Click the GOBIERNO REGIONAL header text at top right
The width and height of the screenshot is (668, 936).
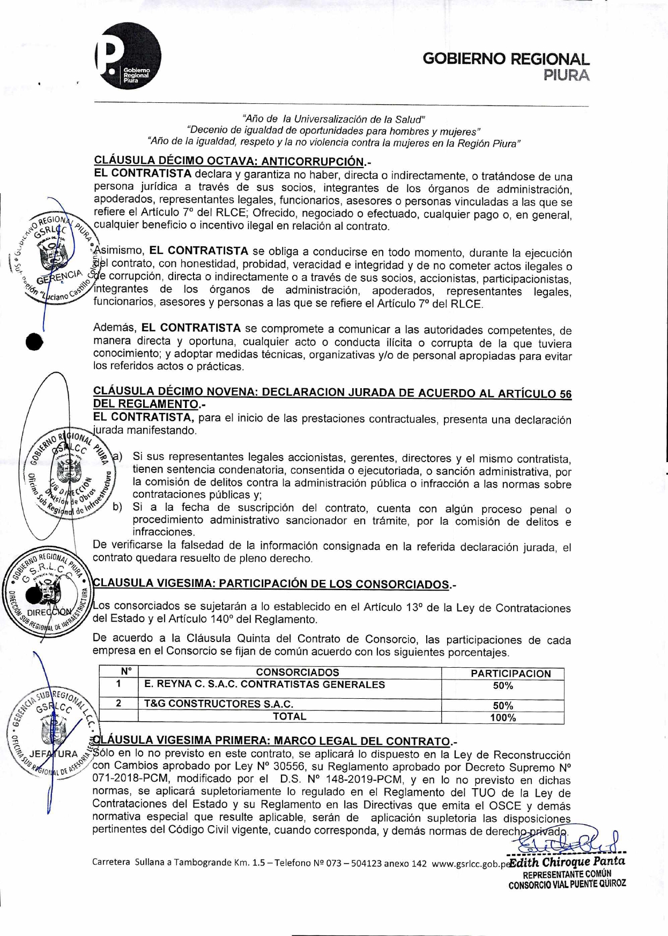506,59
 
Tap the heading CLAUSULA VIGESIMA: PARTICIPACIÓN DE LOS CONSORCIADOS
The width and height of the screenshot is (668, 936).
273,584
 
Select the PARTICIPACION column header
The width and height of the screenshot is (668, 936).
510,674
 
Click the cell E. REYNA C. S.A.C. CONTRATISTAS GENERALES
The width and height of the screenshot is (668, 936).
264,684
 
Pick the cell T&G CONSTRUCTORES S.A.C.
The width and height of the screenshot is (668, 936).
218,704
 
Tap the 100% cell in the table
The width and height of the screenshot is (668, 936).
503,718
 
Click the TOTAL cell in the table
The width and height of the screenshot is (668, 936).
290,716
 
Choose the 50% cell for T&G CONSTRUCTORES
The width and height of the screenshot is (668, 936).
503,705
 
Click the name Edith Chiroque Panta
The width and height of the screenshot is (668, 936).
567,862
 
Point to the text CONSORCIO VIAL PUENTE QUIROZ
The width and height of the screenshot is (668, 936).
567,884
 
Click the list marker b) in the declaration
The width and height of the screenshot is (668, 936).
117,507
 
